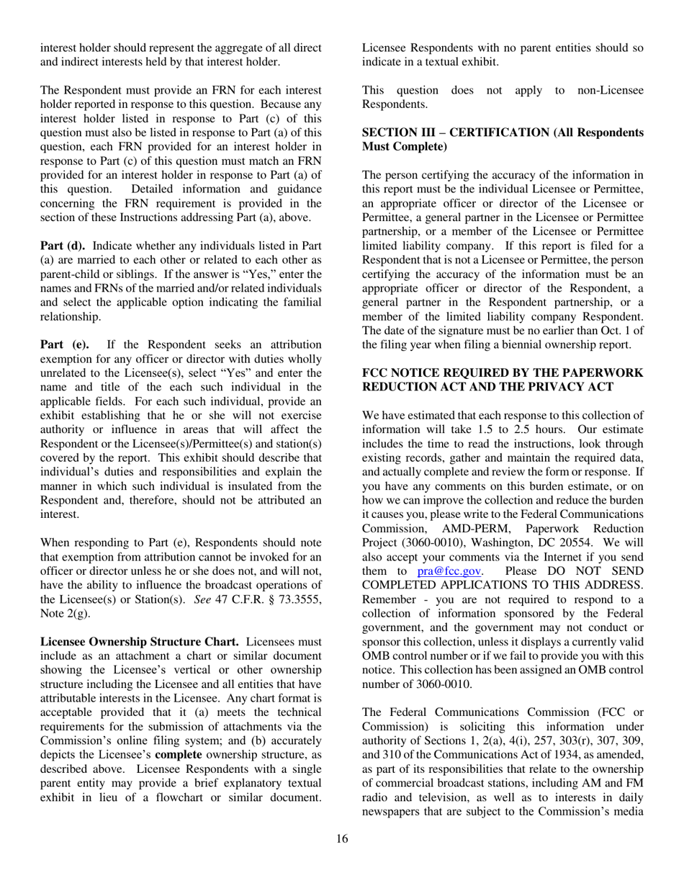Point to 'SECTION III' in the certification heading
click(x=398, y=133)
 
